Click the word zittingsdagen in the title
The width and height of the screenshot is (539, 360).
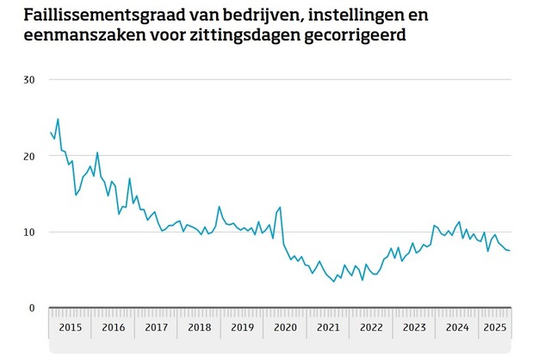coord(252,36)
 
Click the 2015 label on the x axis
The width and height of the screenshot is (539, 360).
coord(70,327)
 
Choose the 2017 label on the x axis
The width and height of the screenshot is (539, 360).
coord(156,327)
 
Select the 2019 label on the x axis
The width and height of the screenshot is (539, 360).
coord(242,327)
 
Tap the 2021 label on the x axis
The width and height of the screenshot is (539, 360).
coord(328,327)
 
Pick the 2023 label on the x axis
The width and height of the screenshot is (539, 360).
coord(414,327)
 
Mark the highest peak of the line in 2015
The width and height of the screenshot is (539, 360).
coord(58,119)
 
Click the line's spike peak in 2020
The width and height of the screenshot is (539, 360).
coord(280,207)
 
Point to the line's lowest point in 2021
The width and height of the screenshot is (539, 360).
coord(334,282)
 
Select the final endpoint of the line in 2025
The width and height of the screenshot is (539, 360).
coord(510,251)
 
